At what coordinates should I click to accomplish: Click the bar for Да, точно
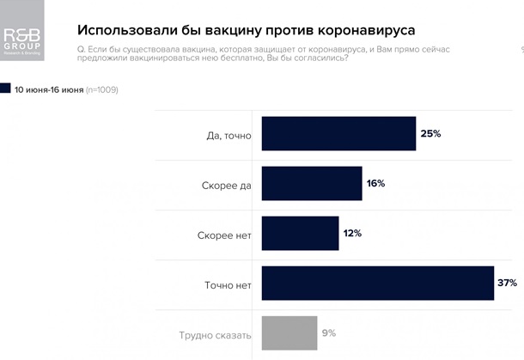click(x=338, y=134)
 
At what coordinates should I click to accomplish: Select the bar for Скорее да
click(x=311, y=183)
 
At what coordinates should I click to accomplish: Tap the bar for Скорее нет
click(x=300, y=233)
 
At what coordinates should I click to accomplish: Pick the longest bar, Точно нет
click(x=377, y=283)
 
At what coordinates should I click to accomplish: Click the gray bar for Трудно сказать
click(x=289, y=333)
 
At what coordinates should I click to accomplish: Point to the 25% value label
click(x=430, y=134)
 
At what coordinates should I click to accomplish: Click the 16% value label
click(x=375, y=183)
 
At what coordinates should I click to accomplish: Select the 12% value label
click(x=352, y=233)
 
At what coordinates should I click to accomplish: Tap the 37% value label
click(x=507, y=283)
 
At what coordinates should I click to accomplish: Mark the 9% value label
click(x=329, y=333)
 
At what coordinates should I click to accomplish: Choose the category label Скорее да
click(x=221, y=184)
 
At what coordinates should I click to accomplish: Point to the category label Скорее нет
click(x=220, y=234)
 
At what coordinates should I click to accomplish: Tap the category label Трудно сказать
click(x=215, y=334)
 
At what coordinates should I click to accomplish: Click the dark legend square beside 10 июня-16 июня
click(x=6, y=88)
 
